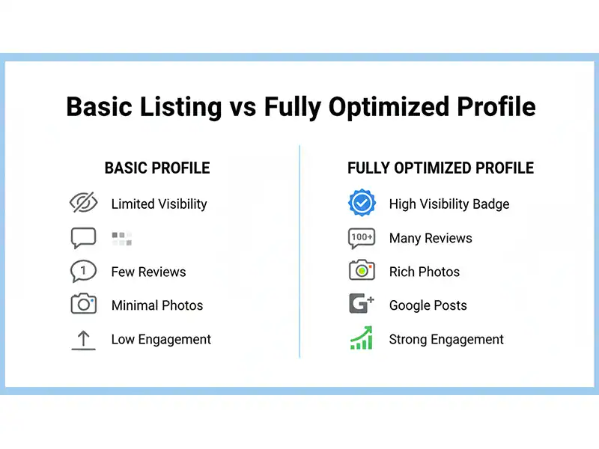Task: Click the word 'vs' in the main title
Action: pos(242,107)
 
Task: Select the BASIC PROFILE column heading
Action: pos(157,168)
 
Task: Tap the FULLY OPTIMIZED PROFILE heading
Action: pos(440,168)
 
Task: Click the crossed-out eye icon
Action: pos(83,203)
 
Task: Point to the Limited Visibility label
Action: pos(159,204)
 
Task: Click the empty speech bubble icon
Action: pos(83,238)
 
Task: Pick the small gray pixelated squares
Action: pos(122,239)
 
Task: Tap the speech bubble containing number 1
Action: pos(83,271)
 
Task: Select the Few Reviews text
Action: pos(148,272)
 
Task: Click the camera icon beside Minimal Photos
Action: pos(83,305)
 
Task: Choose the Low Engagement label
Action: pos(161,340)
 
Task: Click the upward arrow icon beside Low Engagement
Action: pos(83,339)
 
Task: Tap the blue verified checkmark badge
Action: pos(362,203)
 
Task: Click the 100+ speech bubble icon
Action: pos(362,238)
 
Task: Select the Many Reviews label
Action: pos(431,239)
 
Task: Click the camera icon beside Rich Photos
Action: pos(362,271)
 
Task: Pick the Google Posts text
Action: pos(428,305)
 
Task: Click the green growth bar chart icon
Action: pos(362,338)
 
